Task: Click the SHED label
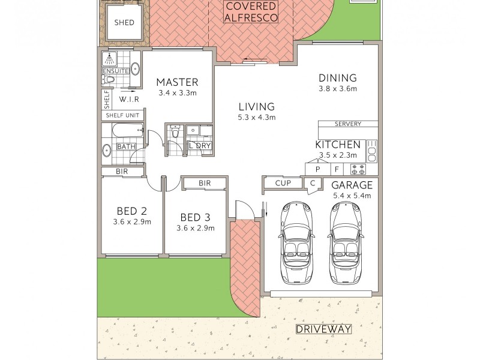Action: point(124,23)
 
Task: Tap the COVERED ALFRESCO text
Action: point(251,12)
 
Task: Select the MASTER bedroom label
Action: point(177,82)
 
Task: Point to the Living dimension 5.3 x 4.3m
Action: point(256,118)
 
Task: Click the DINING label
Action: point(337,78)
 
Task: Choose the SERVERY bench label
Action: point(348,124)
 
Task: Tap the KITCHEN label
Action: point(338,145)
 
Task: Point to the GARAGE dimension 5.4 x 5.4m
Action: point(352,196)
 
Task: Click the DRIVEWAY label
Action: point(323,329)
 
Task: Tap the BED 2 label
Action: point(131,211)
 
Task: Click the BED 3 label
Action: point(195,217)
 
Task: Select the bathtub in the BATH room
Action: point(123,130)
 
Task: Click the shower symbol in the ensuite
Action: point(110,58)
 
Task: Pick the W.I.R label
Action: point(130,99)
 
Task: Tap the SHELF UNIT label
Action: point(122,115)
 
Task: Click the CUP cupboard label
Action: point(283,183)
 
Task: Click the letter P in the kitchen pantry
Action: point(317,170)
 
